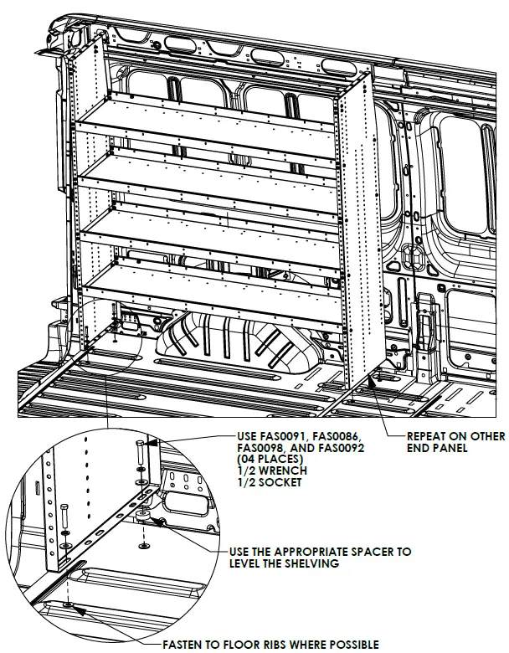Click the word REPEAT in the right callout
tap(427, 436)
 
